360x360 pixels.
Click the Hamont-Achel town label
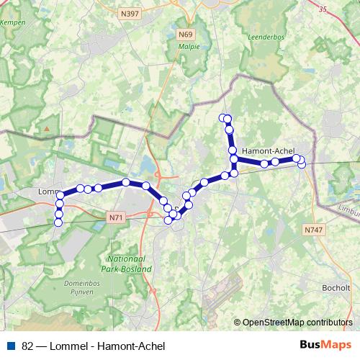(x=267, y=150)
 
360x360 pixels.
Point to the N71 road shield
(x=116, y=216)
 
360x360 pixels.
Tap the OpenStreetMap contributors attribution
(x=297, y=323)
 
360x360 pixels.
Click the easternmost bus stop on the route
(x=302, y=164)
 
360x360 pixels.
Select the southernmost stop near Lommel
(x=58, y=222)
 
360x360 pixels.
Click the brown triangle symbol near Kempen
(x=46, y=128)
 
